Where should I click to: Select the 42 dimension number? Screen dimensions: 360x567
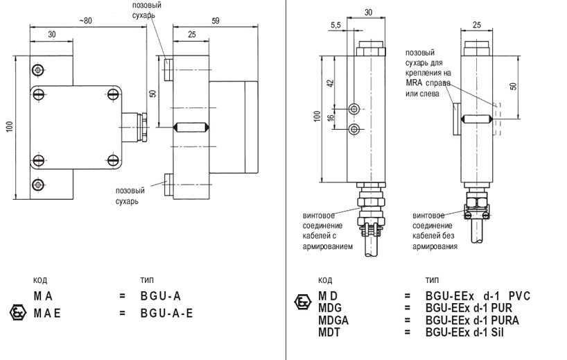click(331, 83)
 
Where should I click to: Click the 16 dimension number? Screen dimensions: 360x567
click(331, 118)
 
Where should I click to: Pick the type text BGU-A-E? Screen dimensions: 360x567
click(166, 313)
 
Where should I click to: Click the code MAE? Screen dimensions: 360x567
click(48, 313)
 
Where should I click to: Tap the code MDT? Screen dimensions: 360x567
click(331, 332)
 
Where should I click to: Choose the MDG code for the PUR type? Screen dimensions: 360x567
click(332, 307)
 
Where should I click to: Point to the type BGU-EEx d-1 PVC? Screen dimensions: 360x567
click(478, 295)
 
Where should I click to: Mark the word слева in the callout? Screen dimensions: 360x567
click(430, 94)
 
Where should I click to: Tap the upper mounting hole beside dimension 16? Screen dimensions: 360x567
click(355, 109)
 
